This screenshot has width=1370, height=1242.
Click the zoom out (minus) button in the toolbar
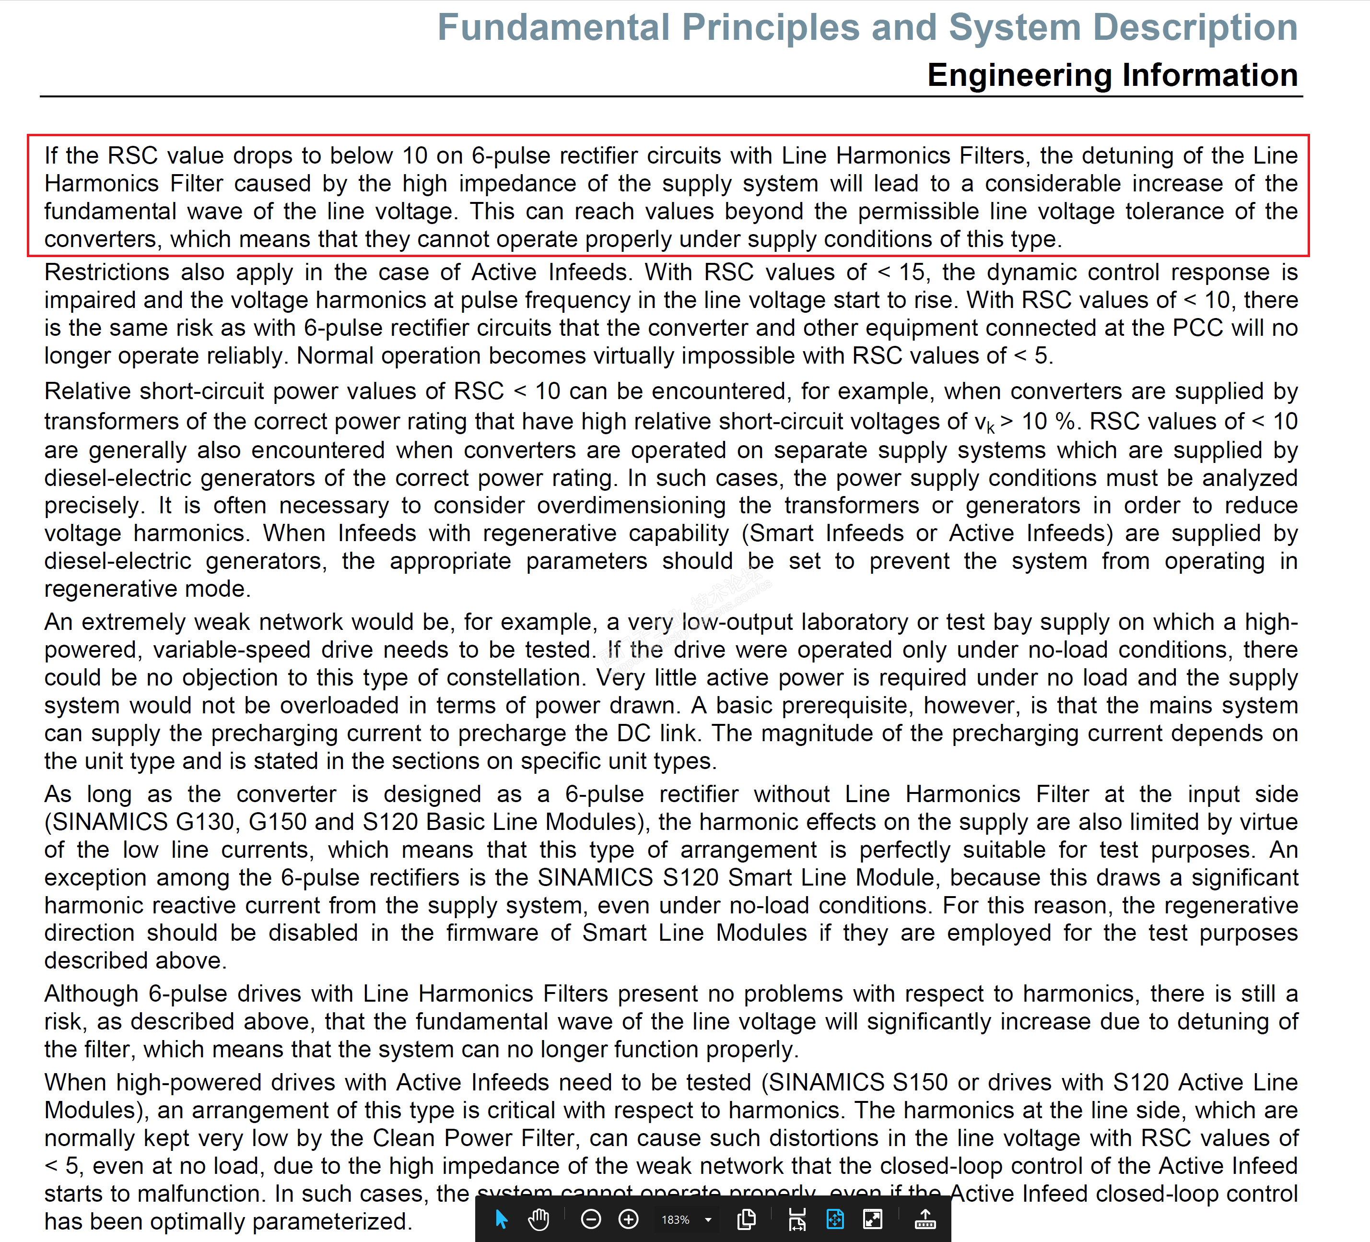(591, 1219)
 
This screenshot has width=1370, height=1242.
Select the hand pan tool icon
(538, 1219)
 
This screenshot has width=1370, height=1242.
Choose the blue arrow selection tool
(502, 1219)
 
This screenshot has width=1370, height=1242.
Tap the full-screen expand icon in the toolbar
(873, 1219)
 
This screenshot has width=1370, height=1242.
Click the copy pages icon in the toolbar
(746, 1219)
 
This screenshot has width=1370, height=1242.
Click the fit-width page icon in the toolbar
(797, 1219)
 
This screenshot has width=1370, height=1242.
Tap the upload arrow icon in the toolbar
(925, 1219)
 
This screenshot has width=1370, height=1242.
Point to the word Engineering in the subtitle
(1019, 75)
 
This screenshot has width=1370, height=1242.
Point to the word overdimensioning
(632, 506)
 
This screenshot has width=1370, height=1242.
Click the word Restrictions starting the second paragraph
(106, 272)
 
